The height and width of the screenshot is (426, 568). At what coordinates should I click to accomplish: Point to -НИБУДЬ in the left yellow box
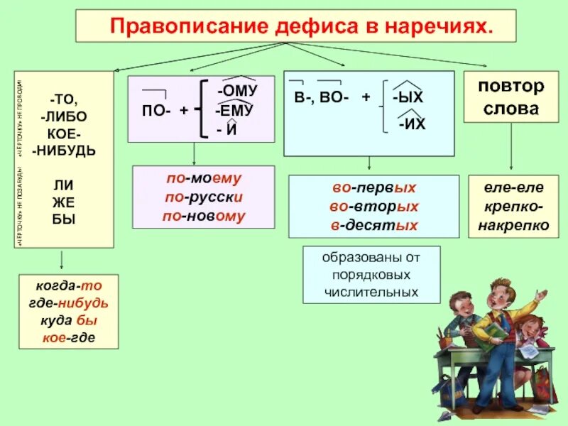pyautogui.click(x=64, y=150)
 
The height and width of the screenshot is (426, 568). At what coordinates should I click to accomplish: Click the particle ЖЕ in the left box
pyautogui.click(x=64, y=203)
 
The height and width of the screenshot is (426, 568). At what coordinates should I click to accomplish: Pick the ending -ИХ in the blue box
pyautogui.click(x=412, y=124)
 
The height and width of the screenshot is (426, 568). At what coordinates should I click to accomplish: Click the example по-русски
pyautogui.click(x=203, y=197)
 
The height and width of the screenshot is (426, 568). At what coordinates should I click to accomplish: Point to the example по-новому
pyautogui.click(x=203, y=216)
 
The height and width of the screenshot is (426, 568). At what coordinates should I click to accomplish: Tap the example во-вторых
pyautogui.click(x=373, y=207)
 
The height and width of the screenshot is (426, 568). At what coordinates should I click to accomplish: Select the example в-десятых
pyautogui.click(x=373, y=225)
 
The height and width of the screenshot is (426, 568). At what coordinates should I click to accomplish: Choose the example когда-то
pyautogui.click(x=69, y=286)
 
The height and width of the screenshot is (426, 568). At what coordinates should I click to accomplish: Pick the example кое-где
pyautogui.click(x=69, y=338)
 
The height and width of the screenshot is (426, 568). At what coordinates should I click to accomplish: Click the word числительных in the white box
pyautogui.click(x=371, y=291)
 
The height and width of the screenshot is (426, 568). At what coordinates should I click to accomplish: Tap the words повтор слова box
pyautogui.click(x=511, y=97)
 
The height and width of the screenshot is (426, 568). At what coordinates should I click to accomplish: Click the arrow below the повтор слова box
pyautogui.click(x=513, y=149)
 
